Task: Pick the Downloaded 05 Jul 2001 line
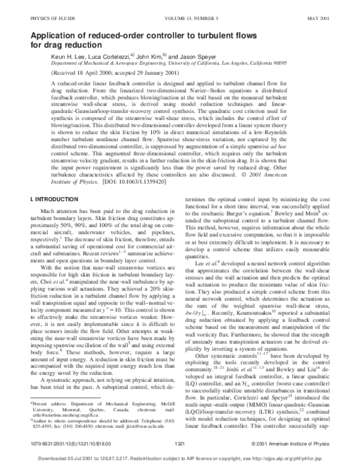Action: click(x=179, y=461)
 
